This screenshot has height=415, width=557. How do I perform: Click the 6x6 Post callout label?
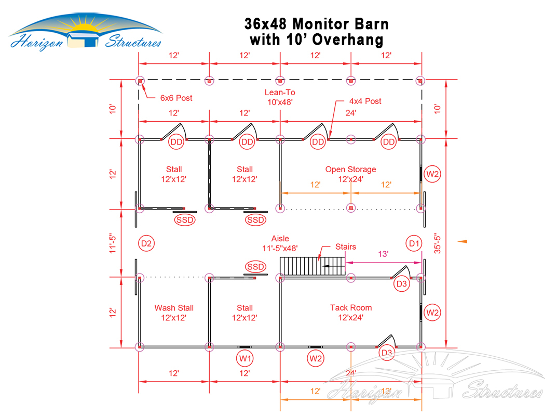[176, 98]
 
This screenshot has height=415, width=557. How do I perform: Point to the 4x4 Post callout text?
[365, 101]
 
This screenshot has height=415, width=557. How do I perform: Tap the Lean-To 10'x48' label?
[280, 97]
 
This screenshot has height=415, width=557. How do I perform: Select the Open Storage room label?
[350, 174]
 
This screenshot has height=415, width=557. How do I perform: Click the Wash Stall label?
[174, 313]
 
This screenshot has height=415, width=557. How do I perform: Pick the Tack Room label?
[350, 313]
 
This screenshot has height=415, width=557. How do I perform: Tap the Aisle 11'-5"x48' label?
[280, 243]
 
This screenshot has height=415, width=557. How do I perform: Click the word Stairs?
[346, 247]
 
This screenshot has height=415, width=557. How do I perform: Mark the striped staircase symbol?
[313, 266]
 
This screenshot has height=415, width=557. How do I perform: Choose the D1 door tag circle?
[414, 243]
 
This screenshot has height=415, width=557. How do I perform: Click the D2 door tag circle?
[146, 243]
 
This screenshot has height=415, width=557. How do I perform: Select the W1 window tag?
[244, 358]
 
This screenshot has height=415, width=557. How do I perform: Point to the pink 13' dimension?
[383, 254]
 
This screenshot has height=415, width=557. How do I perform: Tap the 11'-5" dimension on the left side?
[113, 243]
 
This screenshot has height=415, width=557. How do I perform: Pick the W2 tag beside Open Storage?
[432, 174]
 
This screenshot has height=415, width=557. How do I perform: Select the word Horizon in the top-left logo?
[36, 42]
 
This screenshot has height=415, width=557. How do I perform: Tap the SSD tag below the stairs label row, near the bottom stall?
[255, 267]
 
